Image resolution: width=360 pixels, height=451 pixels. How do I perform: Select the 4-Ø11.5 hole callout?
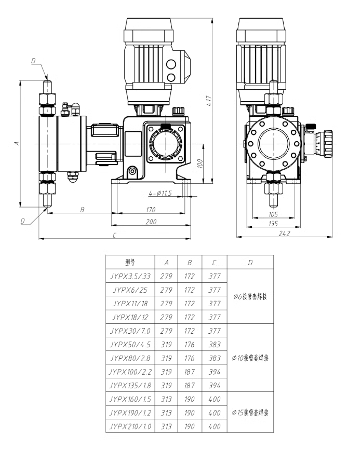160,193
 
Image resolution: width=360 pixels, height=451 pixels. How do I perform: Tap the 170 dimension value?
151,210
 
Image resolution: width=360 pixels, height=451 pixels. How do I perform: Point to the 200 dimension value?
151,222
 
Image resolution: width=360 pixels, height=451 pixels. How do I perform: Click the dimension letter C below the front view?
114,235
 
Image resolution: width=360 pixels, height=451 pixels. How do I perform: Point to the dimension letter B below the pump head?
82,210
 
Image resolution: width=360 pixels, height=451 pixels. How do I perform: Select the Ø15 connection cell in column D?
251,412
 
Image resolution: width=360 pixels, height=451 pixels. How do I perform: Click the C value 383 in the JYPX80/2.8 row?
213,358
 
